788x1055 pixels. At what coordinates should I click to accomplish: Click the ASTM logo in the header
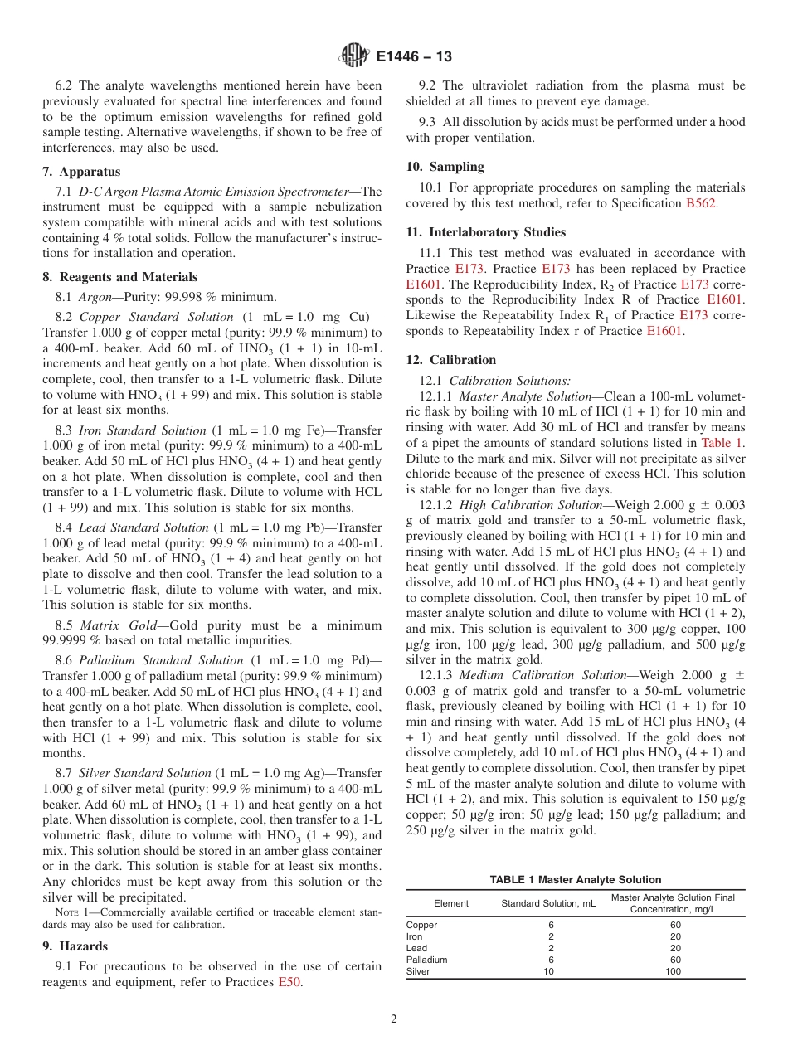[x=354, y=56]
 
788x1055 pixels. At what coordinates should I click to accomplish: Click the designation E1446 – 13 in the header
[x=414, y=57]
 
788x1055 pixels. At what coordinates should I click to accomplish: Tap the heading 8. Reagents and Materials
[x=119, y=277]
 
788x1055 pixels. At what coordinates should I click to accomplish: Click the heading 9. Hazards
[x=75, y=946]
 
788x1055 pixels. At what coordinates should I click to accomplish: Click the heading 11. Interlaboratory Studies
[x=485, y=232]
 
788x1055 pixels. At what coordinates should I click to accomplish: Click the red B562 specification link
[x=701, y=203]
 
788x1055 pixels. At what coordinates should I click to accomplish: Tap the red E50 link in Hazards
[x=289, y=983]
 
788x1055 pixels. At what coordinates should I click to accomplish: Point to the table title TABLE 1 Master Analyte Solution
[x=576, y=880]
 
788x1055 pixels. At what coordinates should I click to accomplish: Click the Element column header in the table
[x=451, y=903]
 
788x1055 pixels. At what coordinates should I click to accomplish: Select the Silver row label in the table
[x=418, y=971]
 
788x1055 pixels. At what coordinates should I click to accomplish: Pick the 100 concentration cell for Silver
[x=673, y=971]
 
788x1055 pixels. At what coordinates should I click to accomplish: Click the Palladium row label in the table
[x=426, y=960]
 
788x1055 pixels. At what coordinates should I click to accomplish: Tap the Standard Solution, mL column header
[x=548, y=903]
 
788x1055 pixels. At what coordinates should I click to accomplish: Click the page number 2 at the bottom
[x=394, y=1019]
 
